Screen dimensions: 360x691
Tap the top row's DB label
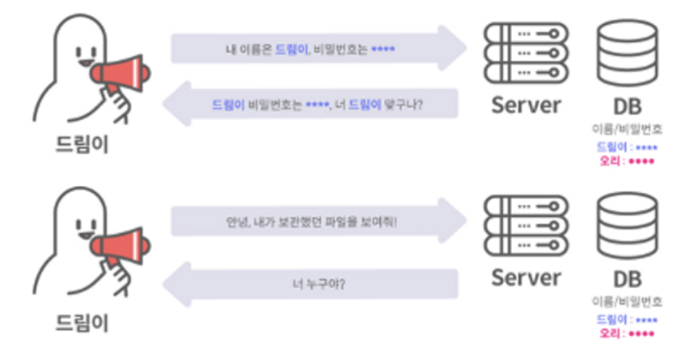[x=627, y=105]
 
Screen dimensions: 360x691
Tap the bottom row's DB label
[x=627, y=279]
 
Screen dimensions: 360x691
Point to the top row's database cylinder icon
[x=627, y=54]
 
